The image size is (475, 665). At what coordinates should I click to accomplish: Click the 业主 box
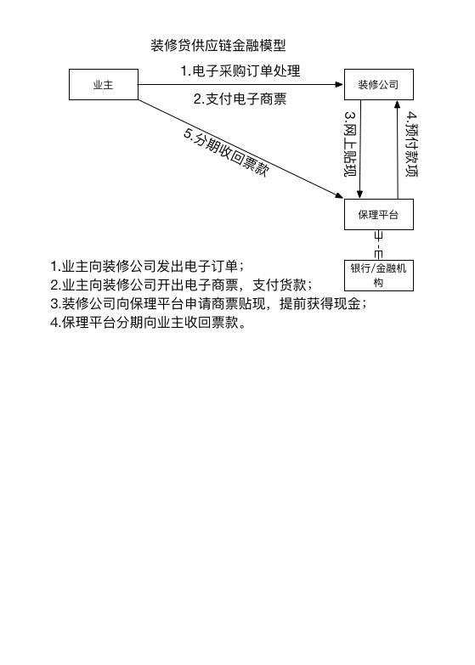[104, 84]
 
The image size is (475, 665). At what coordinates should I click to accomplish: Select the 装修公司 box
[379, 84]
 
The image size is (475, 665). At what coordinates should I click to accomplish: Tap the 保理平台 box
[379, 214]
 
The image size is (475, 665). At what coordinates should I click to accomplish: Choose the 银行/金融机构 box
[379, 275]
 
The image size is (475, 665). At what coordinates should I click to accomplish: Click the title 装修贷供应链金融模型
[218, 45]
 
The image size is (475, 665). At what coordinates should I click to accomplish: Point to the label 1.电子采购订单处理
[240, 70]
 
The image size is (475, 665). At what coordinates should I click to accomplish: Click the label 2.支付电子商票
[240, 99]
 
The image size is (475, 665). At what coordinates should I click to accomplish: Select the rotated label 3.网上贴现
[350, 144]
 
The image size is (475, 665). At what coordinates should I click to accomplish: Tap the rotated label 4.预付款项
[411, 144]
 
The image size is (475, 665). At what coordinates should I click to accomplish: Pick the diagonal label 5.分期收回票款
[226, 152]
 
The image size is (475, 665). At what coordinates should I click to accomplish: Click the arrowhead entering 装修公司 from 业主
[339, 84]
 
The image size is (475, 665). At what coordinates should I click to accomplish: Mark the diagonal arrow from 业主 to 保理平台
[240, 149]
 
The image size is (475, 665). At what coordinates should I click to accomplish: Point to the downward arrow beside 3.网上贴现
[360, 149]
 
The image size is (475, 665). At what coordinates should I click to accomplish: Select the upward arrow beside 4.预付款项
[398, 149]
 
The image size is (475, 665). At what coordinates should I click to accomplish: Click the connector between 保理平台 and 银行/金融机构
[379, 245]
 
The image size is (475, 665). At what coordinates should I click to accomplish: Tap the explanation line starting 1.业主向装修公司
[147, 267]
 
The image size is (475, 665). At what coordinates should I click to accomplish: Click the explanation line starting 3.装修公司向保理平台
[208, 304]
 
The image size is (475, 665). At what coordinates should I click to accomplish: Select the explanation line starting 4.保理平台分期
[148, 323]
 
